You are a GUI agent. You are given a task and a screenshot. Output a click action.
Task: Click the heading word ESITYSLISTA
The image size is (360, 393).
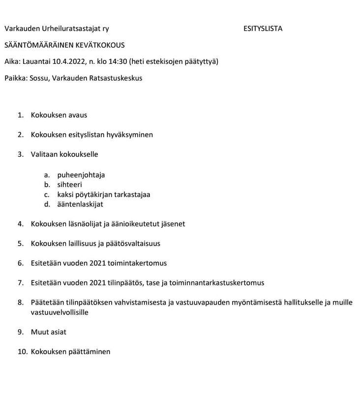click(263, 28)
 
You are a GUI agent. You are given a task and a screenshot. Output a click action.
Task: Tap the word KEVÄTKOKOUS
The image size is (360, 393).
click(98, 45)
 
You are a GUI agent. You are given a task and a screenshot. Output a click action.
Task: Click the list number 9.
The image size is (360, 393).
click(20, 332)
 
